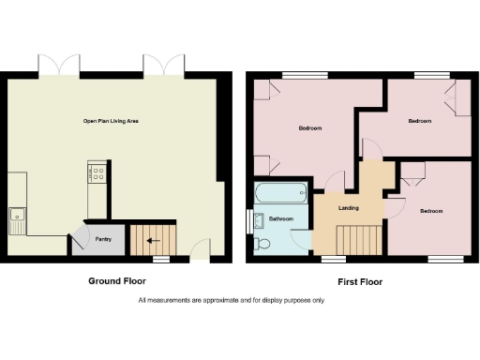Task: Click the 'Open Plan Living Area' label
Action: (117, 121)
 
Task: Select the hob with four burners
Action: (96, 172)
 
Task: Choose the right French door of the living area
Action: (163, 66)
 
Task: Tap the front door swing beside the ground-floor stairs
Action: (199, 248)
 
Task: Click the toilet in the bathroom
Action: (262, 244)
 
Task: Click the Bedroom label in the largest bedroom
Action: (310, 127)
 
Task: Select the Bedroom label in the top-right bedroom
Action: (419, 121)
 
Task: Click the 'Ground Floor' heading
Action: (117, 281)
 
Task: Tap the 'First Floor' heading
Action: (359, 281)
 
